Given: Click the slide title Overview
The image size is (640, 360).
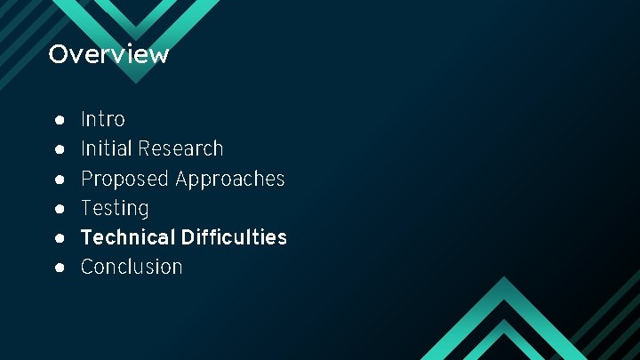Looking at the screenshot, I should [x=108, y=54].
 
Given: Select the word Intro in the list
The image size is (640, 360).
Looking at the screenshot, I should [x=103, y=119].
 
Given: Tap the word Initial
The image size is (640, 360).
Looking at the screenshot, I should [x=104, y=148].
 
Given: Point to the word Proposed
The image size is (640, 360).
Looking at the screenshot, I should [x=124, y=179].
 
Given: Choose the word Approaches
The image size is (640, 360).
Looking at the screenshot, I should [x=229, y=179].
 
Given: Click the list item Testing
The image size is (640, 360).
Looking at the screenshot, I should [x=115, y=208].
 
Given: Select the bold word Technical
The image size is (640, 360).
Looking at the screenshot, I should [x=128, y=237].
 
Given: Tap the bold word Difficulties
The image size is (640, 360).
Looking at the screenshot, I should [x=234, y=237].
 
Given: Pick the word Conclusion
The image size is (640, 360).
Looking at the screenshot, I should [x=132, y=267].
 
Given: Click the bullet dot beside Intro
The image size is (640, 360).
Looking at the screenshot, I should [x=58, y=119].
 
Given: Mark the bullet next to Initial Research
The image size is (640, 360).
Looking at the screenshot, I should [x=58, y=148].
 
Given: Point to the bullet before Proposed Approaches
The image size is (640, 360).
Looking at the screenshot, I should [x=58, y=179].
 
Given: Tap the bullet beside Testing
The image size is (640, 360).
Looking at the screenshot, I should [x=58, y=208].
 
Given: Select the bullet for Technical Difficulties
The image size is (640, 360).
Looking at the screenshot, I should [x=58, y=237].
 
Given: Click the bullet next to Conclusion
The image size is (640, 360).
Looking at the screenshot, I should [x=58, y=267].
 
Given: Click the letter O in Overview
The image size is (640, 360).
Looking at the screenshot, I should [x=58, y=54].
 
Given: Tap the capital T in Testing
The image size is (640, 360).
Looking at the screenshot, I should [x=86, y=208].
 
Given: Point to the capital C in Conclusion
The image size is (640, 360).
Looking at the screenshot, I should [x=87, y=267].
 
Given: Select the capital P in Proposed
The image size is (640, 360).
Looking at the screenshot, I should [x=87, y=179].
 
